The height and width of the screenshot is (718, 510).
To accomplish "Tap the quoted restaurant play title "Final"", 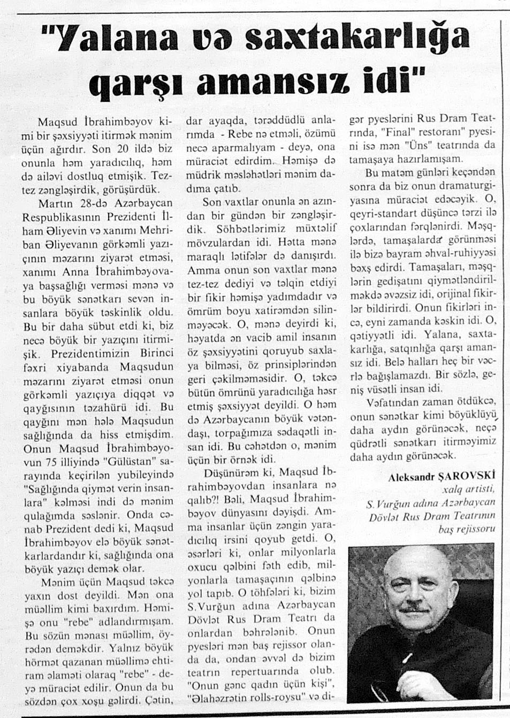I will (397, 132).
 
